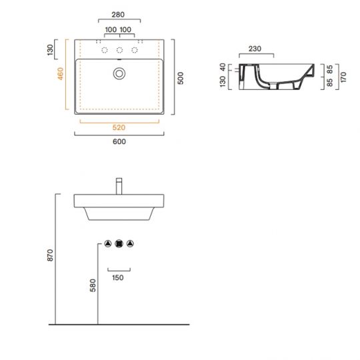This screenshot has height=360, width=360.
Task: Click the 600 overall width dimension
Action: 119,141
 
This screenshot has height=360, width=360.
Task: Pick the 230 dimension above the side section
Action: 254,48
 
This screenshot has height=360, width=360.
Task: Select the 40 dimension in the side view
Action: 222,67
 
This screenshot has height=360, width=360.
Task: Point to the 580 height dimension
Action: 93,285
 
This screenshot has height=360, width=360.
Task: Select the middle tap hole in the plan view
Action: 119,51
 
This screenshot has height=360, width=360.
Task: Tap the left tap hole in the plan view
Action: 104,51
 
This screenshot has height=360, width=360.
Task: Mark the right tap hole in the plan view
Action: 135,51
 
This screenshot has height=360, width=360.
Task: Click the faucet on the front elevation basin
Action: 119,185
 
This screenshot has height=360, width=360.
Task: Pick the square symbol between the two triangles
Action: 119,243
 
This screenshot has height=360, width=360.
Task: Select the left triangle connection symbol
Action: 108,243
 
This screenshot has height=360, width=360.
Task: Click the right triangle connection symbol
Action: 131,243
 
